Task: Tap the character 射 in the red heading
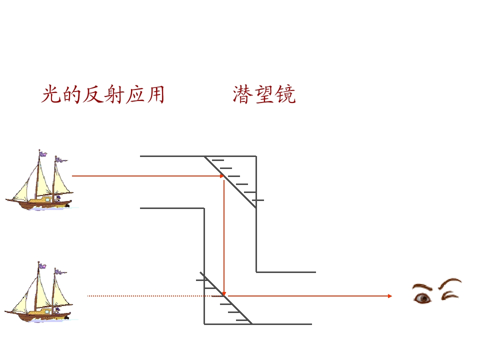(x=114, y=94)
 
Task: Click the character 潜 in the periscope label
(x=242, y=94)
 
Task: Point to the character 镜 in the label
(x=285, y=94)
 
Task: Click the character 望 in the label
(x=264, y=94)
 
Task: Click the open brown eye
(x=422, y=298)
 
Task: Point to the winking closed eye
(x=449, y=295)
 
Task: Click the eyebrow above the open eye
(x=422, y=287)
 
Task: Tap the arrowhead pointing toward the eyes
(x=389, y=296)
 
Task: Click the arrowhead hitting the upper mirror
(x=222, y=176)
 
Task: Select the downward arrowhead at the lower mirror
(x=224, y=294)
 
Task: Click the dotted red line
(x=155, y=296)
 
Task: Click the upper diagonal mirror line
(x=230, y=182)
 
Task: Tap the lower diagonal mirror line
(x=226, y=298)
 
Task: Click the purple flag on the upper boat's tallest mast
(x=43, y=154)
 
